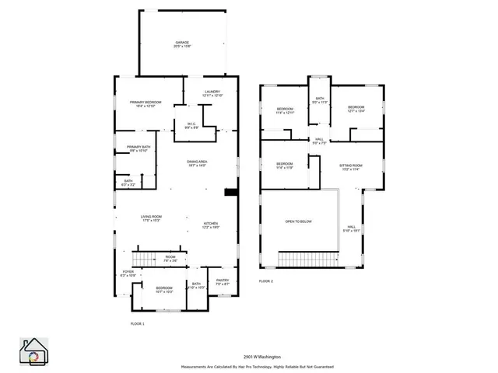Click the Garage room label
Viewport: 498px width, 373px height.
point(182,45)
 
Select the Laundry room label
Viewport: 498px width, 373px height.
point(212,94)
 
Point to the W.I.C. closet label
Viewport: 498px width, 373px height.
point(191,125)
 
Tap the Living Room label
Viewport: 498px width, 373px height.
point(151,218)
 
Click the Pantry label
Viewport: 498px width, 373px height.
point(222,282)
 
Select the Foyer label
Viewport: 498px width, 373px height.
point(128,274)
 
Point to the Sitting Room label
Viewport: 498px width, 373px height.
point(351,168)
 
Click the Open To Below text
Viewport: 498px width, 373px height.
point(298,221)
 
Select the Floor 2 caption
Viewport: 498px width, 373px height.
point(266,281)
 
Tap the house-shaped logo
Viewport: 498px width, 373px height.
point(34,352)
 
